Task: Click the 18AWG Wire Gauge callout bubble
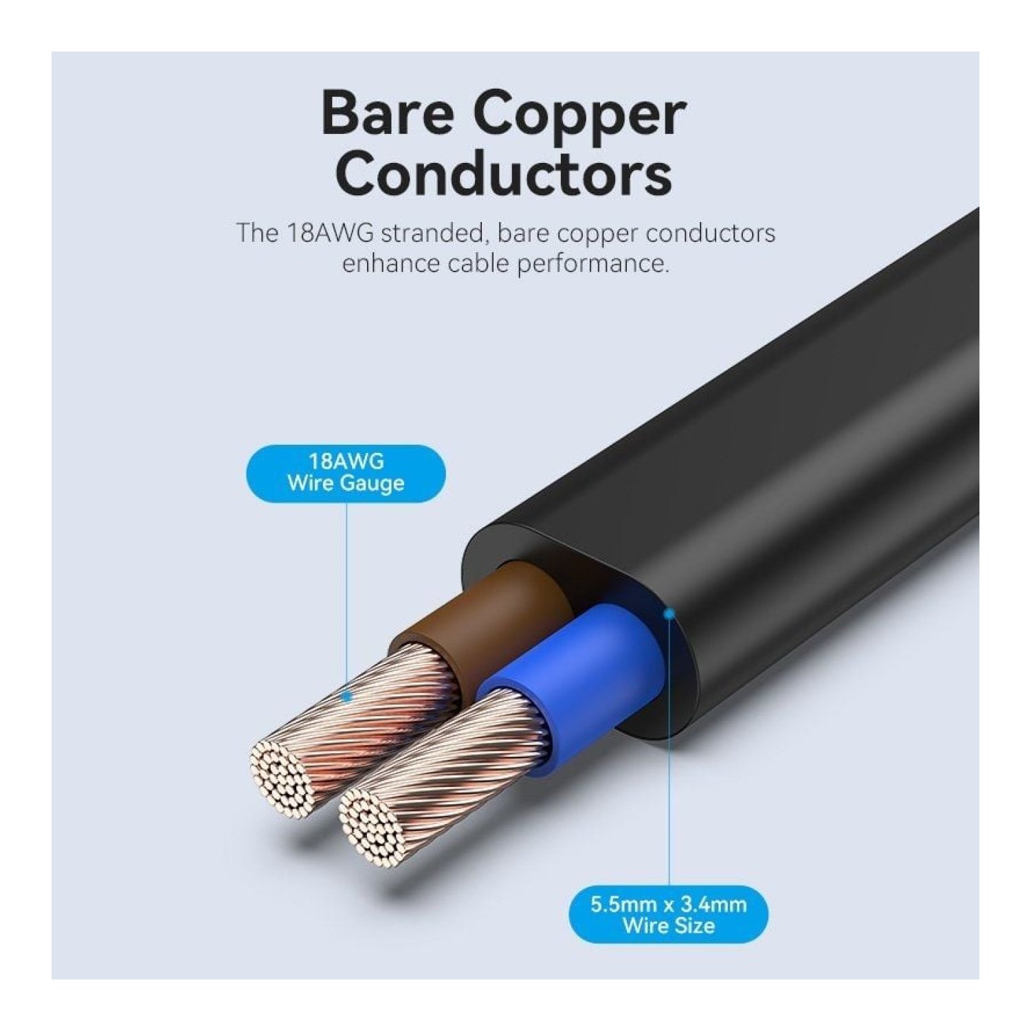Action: coord(346,473)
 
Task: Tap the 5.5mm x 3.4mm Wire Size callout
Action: coord(668,914)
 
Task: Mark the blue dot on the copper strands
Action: coord(347,697)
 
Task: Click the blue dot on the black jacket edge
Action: coord(669,612)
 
